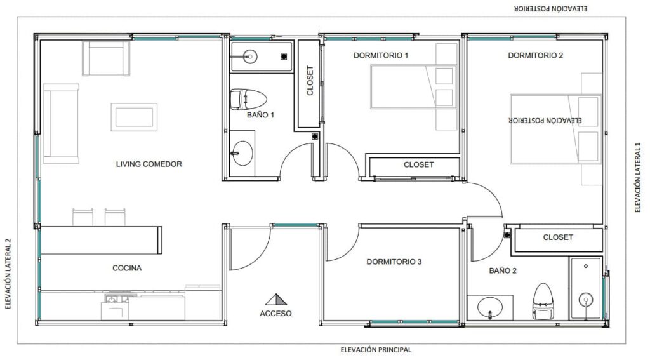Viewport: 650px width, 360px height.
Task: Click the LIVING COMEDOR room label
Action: [149, 164]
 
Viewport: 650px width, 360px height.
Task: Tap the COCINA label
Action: [127, 268]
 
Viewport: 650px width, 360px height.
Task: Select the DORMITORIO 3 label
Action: [394, 262]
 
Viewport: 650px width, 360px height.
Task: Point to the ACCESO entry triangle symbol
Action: [276, 299]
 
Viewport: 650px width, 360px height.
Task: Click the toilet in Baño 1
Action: [248, 99]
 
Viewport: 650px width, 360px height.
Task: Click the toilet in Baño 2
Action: [543, 302]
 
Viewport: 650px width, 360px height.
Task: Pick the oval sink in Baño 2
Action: [490, 308]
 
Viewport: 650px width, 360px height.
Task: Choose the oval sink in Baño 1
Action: [242, 153]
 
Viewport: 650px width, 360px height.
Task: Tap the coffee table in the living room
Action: [134, 117]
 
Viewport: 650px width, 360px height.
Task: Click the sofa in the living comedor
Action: [61, 123]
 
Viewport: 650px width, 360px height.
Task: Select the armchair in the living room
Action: [106, 58]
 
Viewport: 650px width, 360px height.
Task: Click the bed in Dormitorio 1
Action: [413, 87]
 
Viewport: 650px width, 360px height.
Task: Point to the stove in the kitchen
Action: [115, 306]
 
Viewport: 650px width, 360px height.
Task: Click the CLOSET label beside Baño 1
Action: [310, 81]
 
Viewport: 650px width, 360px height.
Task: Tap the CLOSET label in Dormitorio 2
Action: [558, 237]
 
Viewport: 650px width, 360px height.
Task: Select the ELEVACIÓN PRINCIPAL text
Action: [376, 350]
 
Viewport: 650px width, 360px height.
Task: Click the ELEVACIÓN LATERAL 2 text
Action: [8, 274]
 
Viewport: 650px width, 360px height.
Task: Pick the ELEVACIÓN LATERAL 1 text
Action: [638, 178]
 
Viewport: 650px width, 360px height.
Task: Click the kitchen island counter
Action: [101, 240]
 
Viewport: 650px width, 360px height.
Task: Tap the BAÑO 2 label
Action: [503, 271]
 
